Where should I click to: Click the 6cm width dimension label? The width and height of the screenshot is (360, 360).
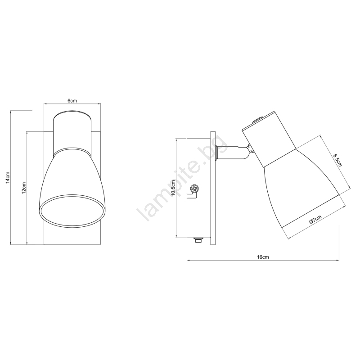72,100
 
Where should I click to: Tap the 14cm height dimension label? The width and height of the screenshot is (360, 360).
8,177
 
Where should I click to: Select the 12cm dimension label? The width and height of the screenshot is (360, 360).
24,188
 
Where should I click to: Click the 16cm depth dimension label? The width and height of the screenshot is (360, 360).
263,257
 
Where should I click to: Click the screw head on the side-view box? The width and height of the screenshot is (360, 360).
195,189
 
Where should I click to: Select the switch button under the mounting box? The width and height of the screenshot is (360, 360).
198,240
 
